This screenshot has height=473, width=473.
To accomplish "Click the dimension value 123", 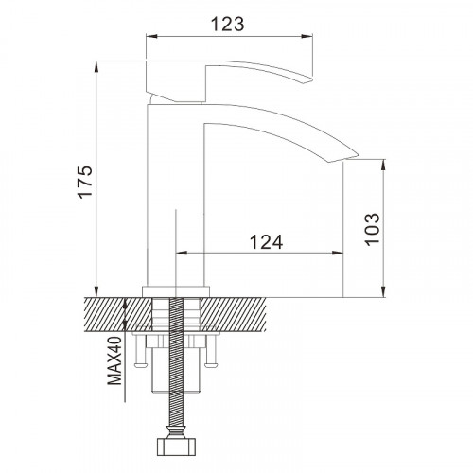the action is click(x=227, y=24).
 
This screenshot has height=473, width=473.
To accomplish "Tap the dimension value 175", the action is click(x=85, y=182).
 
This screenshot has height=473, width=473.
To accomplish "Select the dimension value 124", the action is click(x=267, y=242).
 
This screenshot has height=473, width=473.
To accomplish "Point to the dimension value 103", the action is click(x=372, y=229).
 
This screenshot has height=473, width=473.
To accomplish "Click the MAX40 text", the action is click(x=114, y=360).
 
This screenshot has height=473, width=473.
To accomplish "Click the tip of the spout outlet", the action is click(x=359, y=155).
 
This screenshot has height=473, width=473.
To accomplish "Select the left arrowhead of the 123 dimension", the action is click(x=151, y=36).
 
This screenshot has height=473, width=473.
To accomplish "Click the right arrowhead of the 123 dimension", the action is click(x=307, y=36).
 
